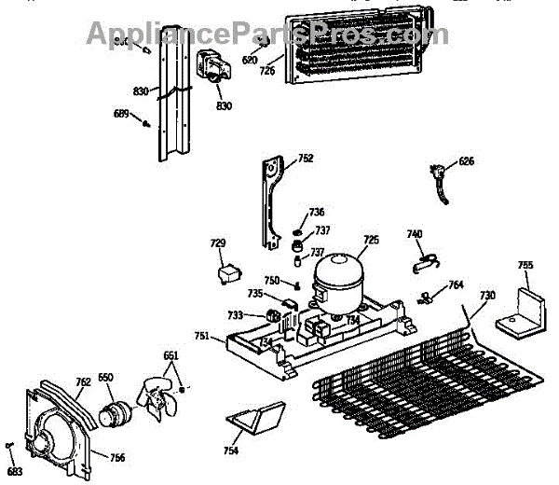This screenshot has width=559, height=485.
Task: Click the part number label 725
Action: point(371,241)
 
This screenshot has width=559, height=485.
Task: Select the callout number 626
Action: point(466,161)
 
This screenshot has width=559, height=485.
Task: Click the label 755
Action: point(525,266)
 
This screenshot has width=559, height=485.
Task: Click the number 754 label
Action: point(230,451)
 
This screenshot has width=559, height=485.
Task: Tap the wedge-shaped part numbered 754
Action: point(254,421)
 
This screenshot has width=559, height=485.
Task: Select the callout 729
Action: point(218,243)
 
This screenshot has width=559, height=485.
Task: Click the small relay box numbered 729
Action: point(226,274)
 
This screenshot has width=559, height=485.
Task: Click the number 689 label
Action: point(120,114)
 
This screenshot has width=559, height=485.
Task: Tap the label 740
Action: point(415,233)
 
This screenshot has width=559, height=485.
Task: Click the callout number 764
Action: point(456,285)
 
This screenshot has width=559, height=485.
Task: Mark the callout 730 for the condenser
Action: point(486,297)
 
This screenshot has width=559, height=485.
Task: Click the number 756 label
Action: point(117,457)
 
